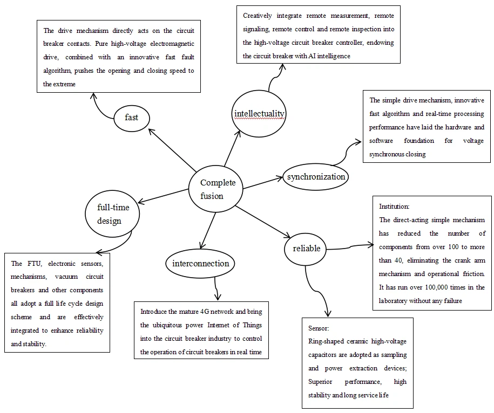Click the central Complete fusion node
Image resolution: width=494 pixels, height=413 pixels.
215,189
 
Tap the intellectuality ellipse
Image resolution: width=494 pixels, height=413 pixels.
259,113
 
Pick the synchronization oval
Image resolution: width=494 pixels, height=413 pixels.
316,177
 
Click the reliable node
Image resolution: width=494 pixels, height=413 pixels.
306,248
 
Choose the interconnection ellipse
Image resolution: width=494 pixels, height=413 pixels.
200,264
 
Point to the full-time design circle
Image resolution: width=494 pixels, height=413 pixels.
112,214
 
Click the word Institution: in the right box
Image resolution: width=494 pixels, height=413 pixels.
394,206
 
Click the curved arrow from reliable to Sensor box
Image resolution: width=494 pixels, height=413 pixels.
313,294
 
